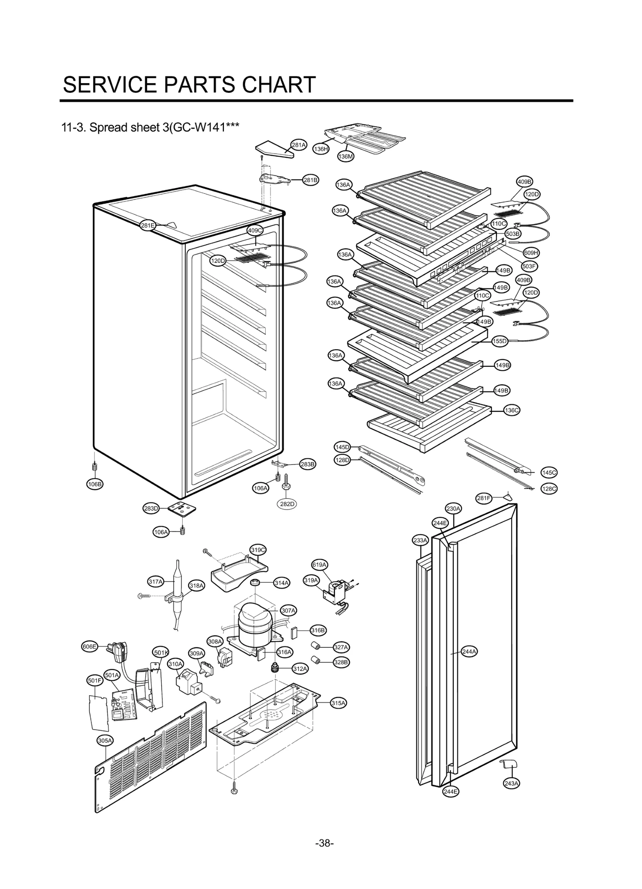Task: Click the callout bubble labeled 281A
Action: pos(298,145)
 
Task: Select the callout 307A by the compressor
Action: pos(288,611)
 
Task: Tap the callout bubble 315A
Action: pos(338,703)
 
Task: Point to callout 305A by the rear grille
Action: pos(105,740)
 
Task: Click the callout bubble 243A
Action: pos(511,783)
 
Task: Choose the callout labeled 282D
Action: pos(287,504)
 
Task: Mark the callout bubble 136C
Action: pos(511,410)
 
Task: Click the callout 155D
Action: pos(500,341)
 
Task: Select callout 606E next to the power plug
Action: pos(89,646)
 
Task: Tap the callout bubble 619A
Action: pos(319,565)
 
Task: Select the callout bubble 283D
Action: pos(151,509)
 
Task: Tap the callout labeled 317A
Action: pos(156,582)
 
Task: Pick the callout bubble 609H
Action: pos(531,253)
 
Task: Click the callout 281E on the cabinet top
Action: pos(148,225)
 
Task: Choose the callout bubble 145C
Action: pos(549,472)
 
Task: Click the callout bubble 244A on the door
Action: pos(469,651)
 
